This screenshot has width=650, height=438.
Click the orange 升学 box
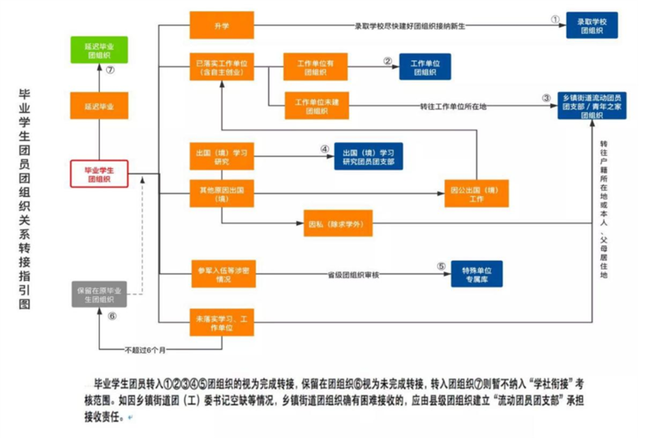(x=222, y=25)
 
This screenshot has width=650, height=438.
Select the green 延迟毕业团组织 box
(x=99, y=50)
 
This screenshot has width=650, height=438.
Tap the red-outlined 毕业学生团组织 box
(x=99, y=174)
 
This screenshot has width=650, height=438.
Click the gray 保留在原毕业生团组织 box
(x=99, y=295)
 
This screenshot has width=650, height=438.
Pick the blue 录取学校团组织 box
(x=591, y=26)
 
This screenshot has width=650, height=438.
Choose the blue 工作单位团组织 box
(x=425, y=67)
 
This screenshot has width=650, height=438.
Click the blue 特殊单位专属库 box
(x=477, y=274)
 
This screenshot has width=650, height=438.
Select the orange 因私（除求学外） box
(x=337, y=224)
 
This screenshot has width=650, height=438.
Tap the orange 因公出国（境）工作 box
(x=476, y=194)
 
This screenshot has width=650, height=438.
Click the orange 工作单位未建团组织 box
(x=317, y=106)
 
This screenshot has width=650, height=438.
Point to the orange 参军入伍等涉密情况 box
(x=223, y=274)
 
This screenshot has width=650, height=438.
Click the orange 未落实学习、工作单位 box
(x=222, y=323)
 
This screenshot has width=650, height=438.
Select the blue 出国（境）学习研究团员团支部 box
(x=368, y=157)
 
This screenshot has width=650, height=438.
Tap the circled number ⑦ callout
(x=110, y=70)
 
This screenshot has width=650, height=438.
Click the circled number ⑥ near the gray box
(x=112, y=316)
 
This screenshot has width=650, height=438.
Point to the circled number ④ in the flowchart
(x=325, y=149)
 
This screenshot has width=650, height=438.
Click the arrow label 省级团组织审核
(x=353, y=275)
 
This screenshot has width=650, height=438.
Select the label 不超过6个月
(x=145, y=350)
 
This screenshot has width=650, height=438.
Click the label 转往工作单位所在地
(x=453, y=106)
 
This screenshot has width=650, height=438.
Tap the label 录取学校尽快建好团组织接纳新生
(x=409, y=26)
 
